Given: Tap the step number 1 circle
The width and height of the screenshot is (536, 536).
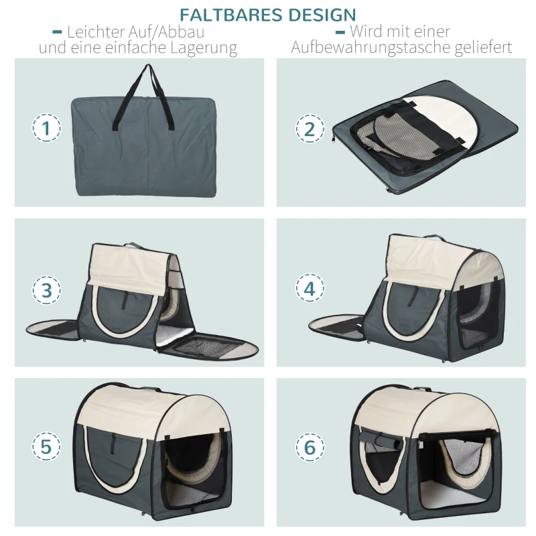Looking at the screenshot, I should [46, 129].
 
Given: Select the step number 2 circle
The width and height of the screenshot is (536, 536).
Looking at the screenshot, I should [310, 129].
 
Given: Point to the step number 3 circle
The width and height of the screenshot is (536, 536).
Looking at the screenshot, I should [46, 290].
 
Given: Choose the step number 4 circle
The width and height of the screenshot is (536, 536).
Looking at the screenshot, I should [310, 289].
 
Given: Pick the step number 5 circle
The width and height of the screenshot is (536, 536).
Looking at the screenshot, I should [46, 447].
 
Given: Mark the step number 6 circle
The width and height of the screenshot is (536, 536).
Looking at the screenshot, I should [310, 447].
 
